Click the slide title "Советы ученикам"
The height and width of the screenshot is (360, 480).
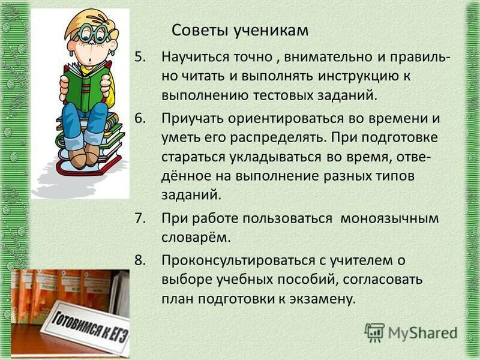[x=240, y=30]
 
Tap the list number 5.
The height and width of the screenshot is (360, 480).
[x=139, y=57]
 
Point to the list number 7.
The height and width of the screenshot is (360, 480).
[x=139, y=218]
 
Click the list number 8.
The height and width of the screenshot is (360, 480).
[x=139, y=259]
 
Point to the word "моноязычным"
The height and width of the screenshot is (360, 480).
[x=389, y=218]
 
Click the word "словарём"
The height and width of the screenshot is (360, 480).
[x=196, y=237]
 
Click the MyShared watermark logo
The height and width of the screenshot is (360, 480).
[x=411, y=332]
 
